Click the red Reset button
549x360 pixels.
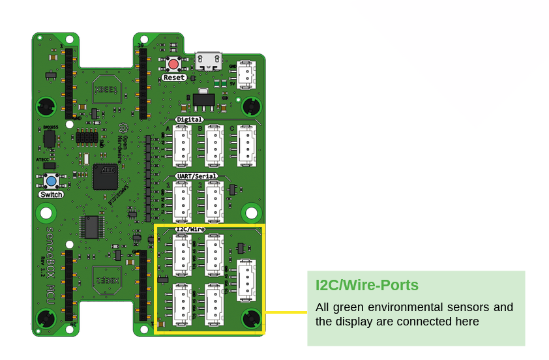point(174,65)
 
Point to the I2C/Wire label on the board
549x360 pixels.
point(190,230)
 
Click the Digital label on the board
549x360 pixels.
point(189,120)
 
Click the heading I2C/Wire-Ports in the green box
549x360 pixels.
point(366,285)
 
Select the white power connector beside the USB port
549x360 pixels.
point(246,74)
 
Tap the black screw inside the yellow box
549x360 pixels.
point(251,319)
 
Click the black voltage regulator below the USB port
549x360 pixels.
point(203,99)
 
